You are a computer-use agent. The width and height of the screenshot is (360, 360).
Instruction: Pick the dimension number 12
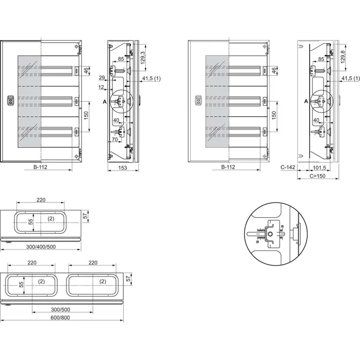pos(101,87)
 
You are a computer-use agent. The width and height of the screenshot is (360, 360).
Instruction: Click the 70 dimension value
pos(113,139)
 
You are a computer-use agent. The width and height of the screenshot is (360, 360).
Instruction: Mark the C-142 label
pos(288,168)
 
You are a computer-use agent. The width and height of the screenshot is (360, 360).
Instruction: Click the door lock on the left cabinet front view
pos(9,100)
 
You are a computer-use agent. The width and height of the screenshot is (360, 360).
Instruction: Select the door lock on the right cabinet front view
pos(198,100)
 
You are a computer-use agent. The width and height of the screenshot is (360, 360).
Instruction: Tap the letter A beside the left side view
pos(105,101)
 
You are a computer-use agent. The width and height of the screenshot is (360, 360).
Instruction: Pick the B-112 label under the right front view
pos(228,168)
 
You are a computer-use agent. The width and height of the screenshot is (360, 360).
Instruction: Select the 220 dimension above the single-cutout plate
pos(41,200)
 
